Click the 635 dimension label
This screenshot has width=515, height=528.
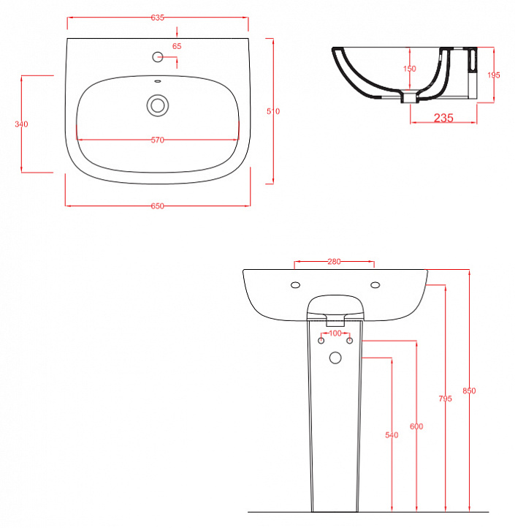158,18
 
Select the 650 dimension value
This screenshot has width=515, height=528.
158,205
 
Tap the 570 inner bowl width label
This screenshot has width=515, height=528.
158,140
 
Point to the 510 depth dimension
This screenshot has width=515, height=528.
273,111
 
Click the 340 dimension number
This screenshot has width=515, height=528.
21,124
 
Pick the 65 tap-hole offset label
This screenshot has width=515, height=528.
177,46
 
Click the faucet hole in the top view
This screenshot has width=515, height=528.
158,57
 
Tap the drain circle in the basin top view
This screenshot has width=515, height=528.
158,105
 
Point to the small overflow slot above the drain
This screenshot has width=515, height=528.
158,81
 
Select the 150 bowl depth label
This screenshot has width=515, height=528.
410,69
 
